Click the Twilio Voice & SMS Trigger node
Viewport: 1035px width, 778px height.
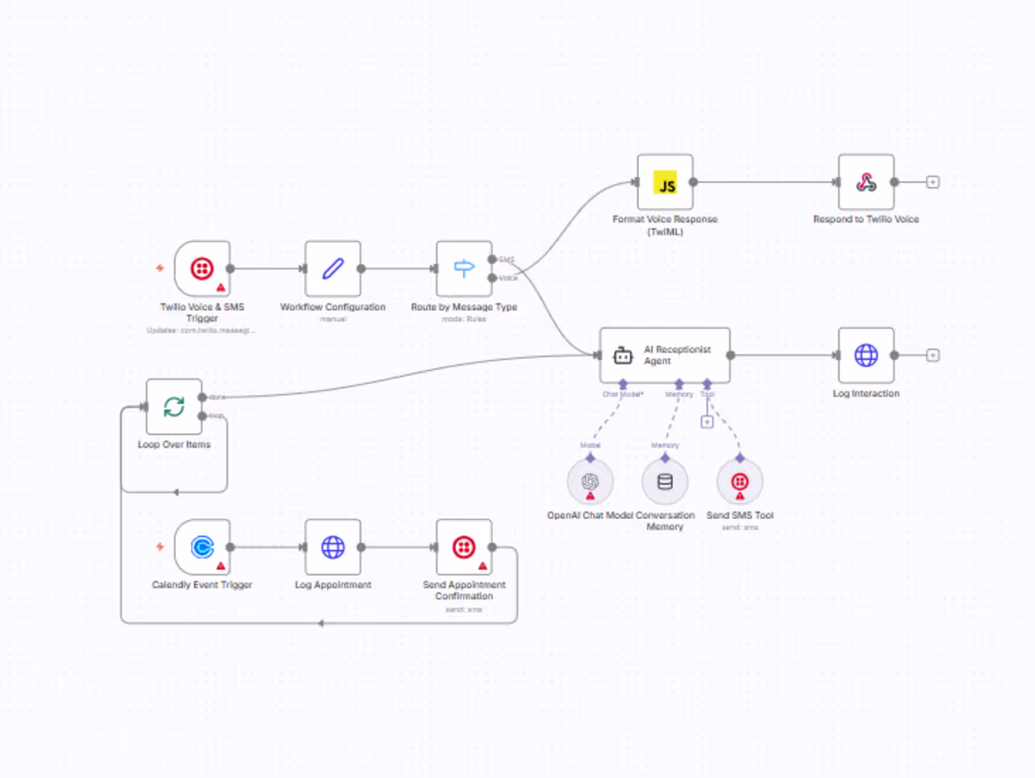[x=201, y=268]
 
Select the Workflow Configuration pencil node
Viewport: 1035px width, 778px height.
[x=332, y=268]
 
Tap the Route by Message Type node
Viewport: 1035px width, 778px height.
[x=464, y=268]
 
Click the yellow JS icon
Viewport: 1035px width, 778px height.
[x=665, y=183]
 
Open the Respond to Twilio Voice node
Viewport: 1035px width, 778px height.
[x=866, y=183]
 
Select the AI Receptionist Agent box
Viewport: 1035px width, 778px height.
[x=665, y=355]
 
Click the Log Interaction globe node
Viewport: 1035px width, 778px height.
[x=866, y=355]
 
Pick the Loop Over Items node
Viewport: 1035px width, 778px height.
[x=174, y=407]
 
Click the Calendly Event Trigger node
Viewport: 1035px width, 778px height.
[x=201, y=547]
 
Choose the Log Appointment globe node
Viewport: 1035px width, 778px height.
[x=332, y=547]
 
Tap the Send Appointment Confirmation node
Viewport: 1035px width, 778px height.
[x=464, y=547]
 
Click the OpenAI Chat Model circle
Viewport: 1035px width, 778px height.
[x=590, y=482]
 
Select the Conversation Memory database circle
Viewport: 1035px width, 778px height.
[x=664, y=482]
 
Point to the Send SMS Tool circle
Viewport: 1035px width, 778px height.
[x=740, y=482]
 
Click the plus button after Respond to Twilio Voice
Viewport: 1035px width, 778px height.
[x=932, y=183]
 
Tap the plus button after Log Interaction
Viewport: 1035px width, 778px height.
[x=932, y=355]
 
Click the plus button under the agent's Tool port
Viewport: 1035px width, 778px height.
[x=707, y=422]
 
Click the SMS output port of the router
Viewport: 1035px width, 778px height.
[x=492, y=259]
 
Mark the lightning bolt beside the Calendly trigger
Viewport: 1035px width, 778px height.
[x=160, y=547]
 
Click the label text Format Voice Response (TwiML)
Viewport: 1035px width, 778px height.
[x=665, y=225]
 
